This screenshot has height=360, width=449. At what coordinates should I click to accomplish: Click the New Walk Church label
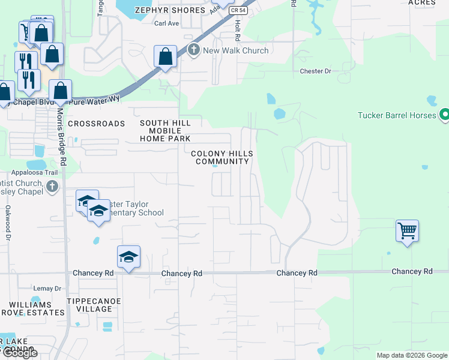click(x=236, y=50)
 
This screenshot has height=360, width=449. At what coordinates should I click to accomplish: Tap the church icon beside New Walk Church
click(x=193, y=50)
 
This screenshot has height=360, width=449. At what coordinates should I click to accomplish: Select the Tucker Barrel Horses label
click(x=396, y=115)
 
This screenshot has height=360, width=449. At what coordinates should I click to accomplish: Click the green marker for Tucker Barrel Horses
click(x=444, y=113)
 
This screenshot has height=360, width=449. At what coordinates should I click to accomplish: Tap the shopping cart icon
click(x=407, y=230)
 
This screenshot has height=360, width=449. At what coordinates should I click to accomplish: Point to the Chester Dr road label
click(x=316, y=71)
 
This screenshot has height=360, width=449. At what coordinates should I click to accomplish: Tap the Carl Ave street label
click(x=167, y=24)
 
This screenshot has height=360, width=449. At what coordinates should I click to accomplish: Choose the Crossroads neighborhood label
click(x=97, y=124)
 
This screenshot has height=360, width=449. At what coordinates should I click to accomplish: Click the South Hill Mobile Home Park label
click(x=165, y=131)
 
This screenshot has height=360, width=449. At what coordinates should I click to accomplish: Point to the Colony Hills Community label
click(x=222, y=158)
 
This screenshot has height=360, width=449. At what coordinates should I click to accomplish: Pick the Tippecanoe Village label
click(x=89, y=305)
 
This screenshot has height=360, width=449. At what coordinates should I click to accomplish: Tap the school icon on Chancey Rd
click(x=128, y=257)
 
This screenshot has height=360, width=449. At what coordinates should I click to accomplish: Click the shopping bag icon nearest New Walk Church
click(x=166, y=57)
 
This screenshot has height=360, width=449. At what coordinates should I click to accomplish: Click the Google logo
click(x=19, y=353)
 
